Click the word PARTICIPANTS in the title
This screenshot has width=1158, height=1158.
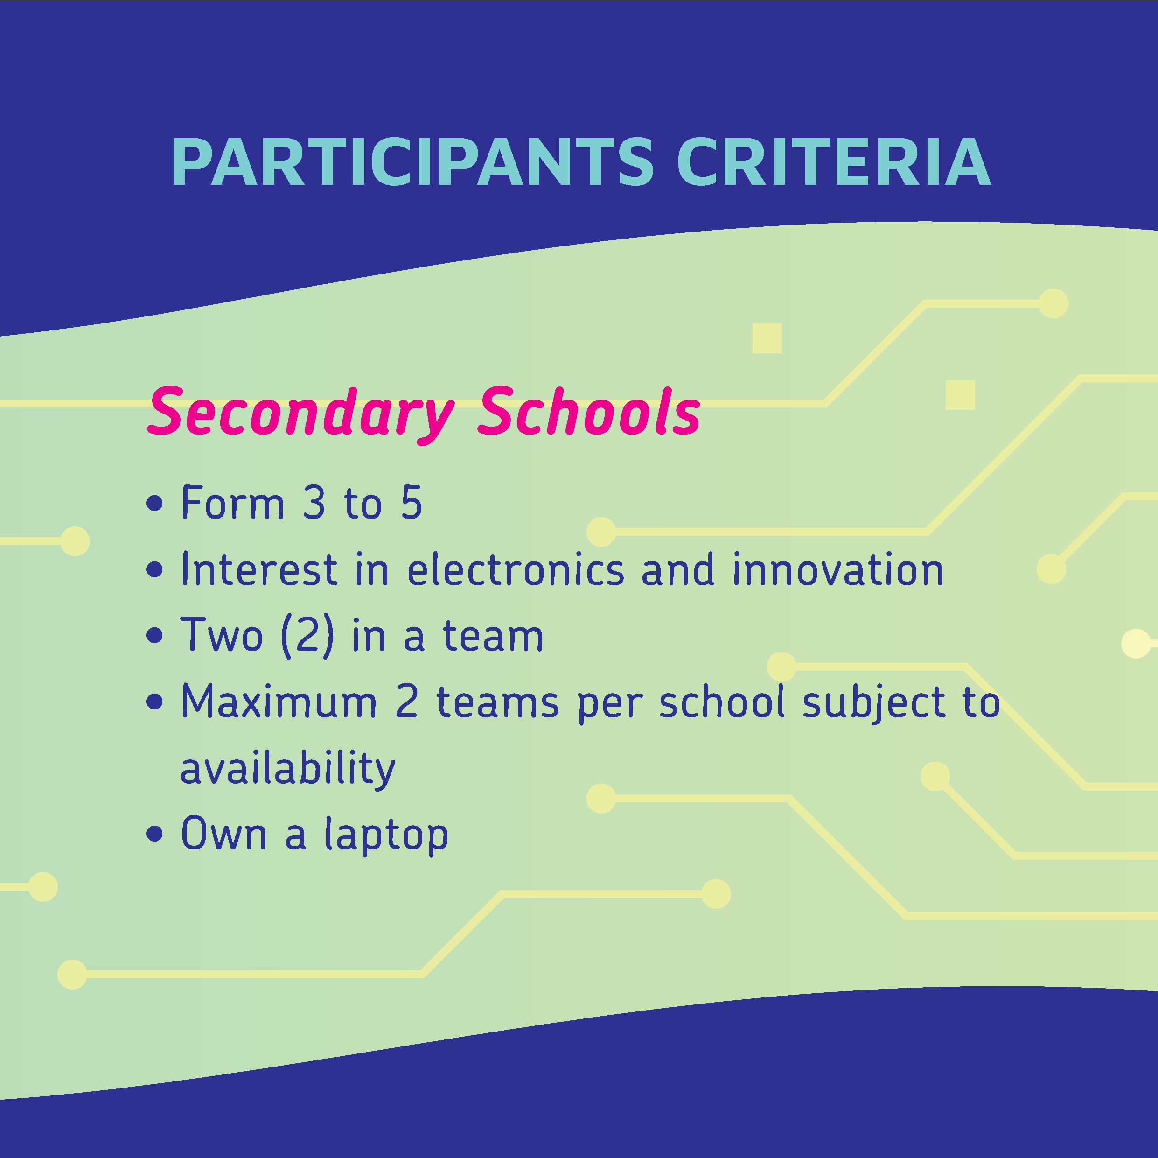click(x=412, y=162)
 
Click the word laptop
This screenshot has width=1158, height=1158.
click(x=386, y=834)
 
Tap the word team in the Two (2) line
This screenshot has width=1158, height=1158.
click(x=493, y=636)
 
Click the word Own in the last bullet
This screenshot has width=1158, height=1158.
click(x=223, y=834)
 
